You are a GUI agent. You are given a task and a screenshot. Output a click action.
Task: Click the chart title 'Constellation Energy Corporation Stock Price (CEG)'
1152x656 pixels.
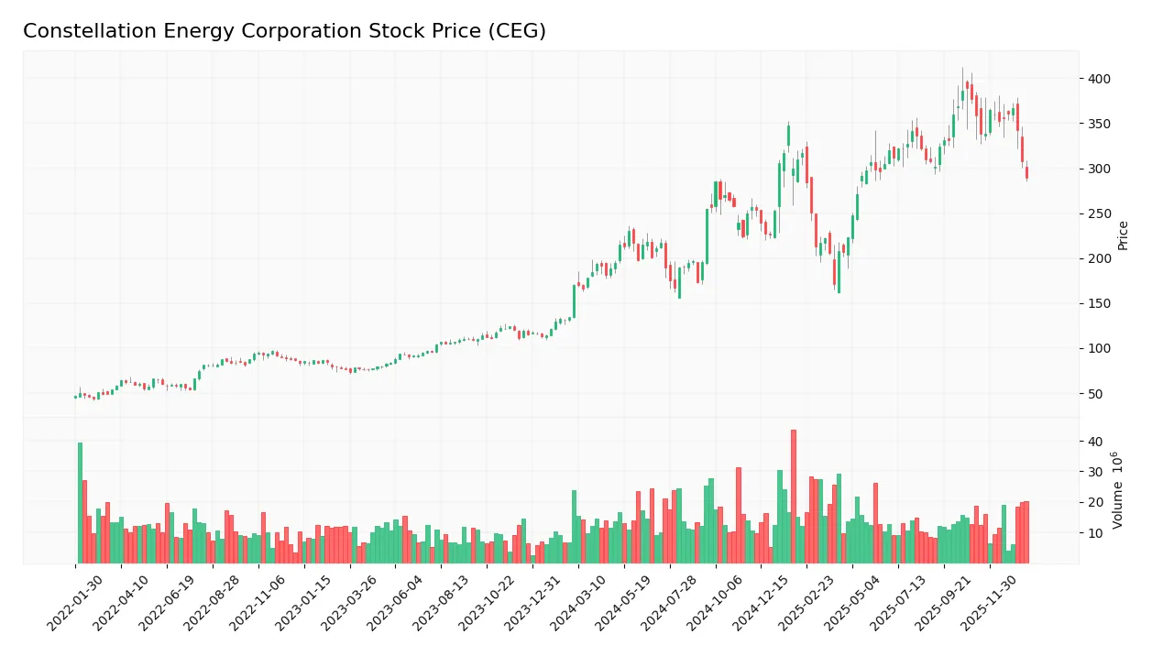[284, 31]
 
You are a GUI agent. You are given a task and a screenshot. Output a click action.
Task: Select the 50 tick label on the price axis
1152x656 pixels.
[1094, 394]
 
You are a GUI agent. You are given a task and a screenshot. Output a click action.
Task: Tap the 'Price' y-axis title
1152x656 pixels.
[1123, 235]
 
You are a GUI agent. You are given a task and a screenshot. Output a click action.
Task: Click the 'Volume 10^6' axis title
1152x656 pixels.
[1118, 490]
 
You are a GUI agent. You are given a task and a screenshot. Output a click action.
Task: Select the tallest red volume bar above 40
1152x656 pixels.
[793, 497]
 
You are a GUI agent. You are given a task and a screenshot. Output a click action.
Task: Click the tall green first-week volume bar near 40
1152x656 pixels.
[80, 503]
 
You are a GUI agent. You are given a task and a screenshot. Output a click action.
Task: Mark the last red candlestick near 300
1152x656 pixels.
[1026, 172]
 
